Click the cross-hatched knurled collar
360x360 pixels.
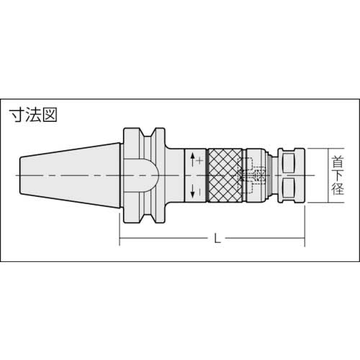225,176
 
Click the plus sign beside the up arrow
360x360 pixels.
199,163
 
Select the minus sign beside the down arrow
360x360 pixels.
199,190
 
